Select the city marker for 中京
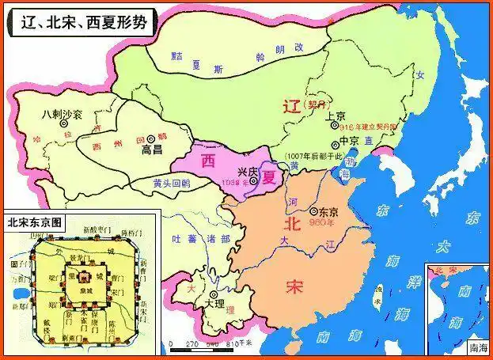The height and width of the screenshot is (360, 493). pos(332,142)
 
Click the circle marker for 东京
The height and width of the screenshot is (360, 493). pos(316,212)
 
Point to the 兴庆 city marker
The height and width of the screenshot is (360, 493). pos(253,181)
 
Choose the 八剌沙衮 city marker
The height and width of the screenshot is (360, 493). pos(67,124)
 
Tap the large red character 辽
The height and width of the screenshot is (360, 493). pos(294,110)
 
